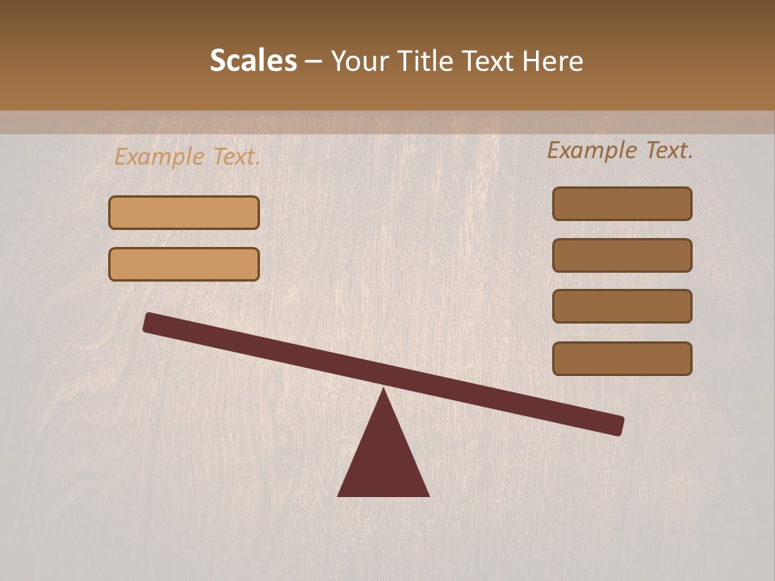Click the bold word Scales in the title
(x=253, y=61)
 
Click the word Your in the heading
(x=360, y=61)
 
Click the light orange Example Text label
(x=187, y=157)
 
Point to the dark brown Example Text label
(x=620, y=150)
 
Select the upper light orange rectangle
(x=184, y=212)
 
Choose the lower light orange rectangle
(x=184, y=264)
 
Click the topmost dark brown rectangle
(x=622, y=203)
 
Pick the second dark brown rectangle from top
(x=622, y=255)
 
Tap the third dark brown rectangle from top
(x=622, y=306)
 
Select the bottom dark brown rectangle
(x=622, y=358)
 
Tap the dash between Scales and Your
(x=313, y=62)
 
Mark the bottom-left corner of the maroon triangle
(x=338, y=495)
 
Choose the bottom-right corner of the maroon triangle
(x=429, y=495)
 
